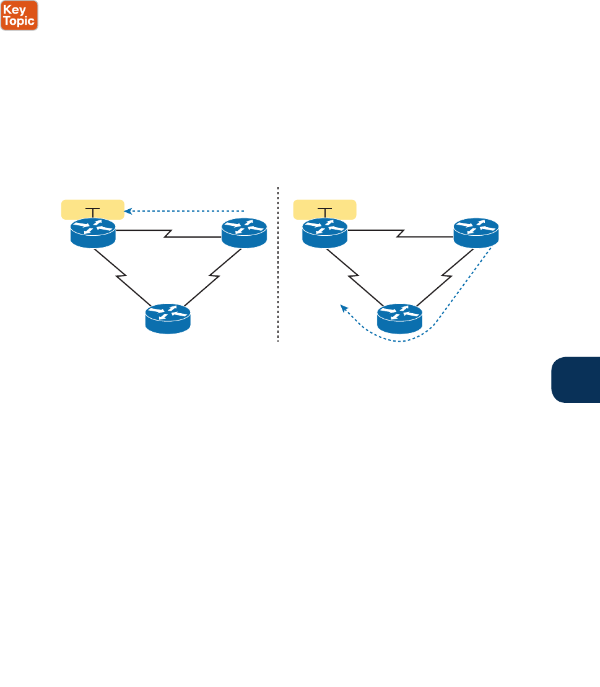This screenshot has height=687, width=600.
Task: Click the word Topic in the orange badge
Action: coord(19,21)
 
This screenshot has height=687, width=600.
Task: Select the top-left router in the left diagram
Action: coord(93,233)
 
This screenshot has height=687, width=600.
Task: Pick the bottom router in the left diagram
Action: coord(168,319)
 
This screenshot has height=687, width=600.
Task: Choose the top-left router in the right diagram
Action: coord(325,233)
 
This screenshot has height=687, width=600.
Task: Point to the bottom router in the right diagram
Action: coord(400,319)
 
